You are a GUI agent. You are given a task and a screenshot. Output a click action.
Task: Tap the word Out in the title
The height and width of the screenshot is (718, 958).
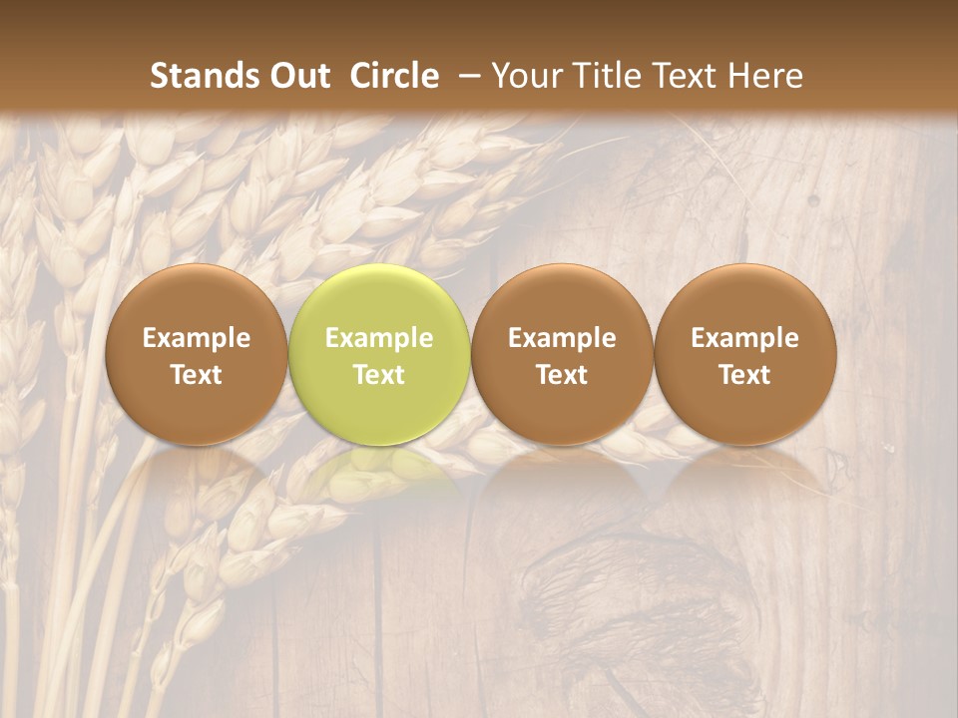tap(296, 76)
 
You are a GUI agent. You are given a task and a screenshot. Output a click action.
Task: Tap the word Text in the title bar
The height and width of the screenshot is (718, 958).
tap(687, 76)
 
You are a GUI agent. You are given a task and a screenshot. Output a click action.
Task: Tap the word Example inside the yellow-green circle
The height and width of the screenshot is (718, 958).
tap(379, 338)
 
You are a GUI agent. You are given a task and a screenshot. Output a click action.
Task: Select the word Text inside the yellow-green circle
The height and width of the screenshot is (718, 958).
tap(379, 375)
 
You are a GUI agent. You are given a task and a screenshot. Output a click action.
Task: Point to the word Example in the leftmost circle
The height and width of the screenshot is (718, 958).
tap(197, 338)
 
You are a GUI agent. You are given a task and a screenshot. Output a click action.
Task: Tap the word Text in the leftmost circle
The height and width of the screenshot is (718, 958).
tap(197, 375)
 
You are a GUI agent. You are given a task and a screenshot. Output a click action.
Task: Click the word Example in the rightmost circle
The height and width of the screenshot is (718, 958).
tap(745, 338)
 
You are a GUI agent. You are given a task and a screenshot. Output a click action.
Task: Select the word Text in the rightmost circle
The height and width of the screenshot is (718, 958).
tap(745, 375)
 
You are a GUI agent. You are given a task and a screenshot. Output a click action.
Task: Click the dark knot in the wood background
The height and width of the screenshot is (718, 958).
tap(639, 598)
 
